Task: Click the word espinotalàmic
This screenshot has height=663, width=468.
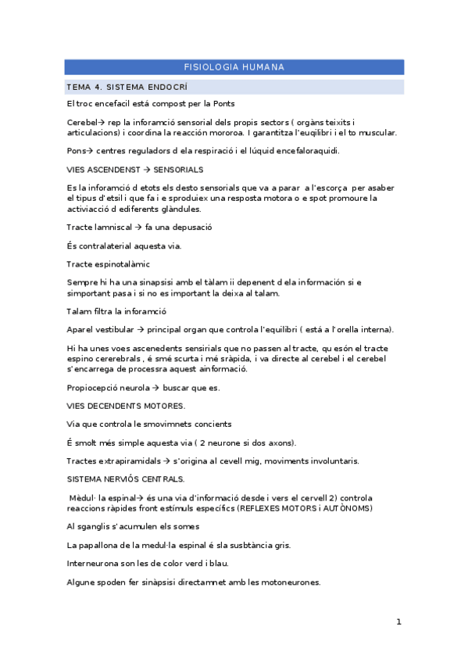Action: coord(120,264)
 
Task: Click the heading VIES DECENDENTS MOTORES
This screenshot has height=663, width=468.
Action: coord(127,406)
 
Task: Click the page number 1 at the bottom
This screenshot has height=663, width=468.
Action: coord(398,622)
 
